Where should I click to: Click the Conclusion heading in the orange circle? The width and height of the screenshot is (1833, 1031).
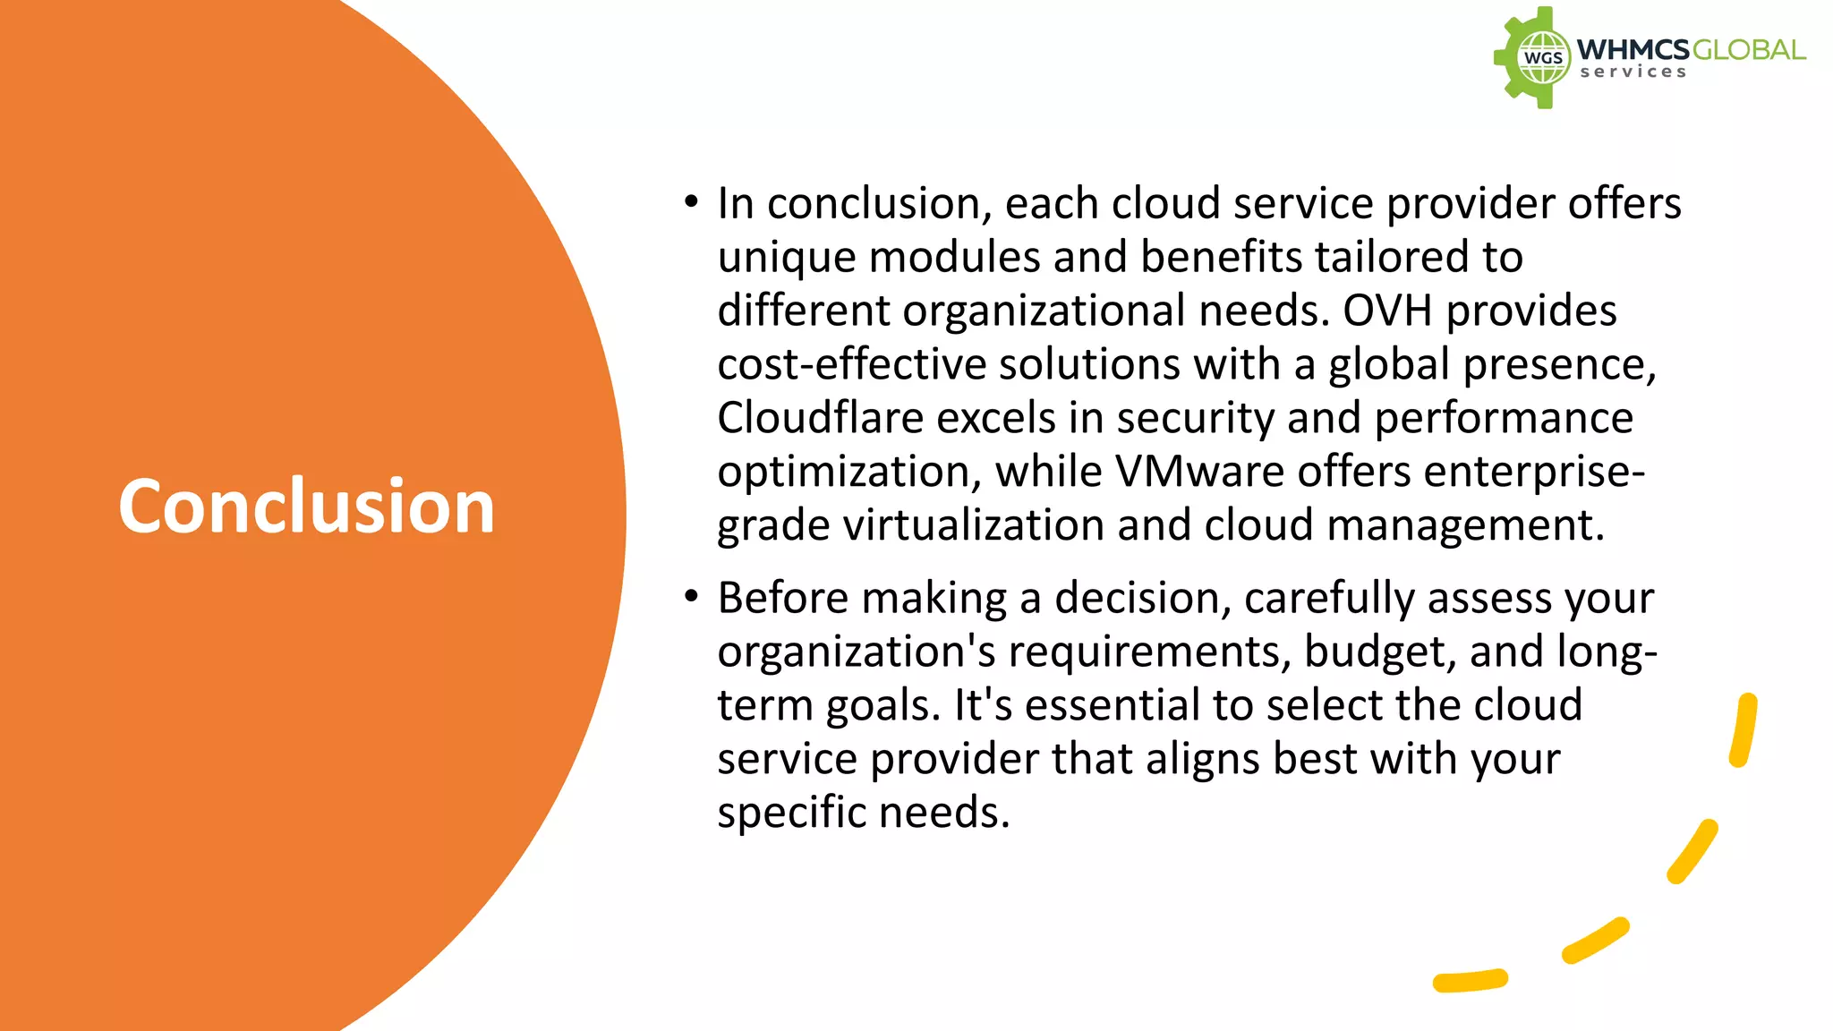pos(306,507)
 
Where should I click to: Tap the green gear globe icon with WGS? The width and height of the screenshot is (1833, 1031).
pos(1533,58)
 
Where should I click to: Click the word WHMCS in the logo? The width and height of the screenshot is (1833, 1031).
pos(1633,49)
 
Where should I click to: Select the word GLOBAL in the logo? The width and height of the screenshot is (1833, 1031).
pos(1749,49)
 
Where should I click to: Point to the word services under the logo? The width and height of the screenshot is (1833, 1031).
pos(1633,72)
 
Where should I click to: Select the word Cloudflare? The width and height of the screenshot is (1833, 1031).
pos(820,418)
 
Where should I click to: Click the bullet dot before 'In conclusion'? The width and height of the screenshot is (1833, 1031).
pos(691,202)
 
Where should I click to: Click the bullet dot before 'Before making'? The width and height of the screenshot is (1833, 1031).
pos(691,596)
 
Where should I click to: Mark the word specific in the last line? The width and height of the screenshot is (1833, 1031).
pos(791,813)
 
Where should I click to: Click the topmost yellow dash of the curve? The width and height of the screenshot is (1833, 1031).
pos(1743,729)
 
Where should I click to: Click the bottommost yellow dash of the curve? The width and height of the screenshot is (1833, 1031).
pos(1470,981)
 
